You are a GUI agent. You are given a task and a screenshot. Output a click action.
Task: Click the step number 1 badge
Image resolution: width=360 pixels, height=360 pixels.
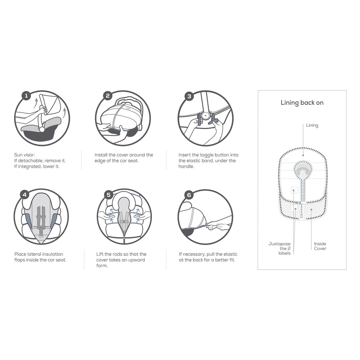click(26, 95)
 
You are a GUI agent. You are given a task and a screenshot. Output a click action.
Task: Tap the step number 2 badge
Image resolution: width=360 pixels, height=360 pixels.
click(108, 95)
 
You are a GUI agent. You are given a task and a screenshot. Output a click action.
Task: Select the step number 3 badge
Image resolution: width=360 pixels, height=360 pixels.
click(189, 96)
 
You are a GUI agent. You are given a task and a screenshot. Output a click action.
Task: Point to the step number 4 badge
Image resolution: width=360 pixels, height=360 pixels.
click(24, 195)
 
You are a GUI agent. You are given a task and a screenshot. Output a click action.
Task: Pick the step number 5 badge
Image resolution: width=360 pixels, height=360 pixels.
click(109, 195)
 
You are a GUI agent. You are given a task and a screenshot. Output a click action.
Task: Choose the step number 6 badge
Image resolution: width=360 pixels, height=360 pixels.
click(189, 195)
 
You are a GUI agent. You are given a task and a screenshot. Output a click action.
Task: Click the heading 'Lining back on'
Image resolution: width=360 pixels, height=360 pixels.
click(302, 103)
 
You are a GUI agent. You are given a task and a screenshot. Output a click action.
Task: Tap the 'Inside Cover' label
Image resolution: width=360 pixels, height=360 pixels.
click(320, 246)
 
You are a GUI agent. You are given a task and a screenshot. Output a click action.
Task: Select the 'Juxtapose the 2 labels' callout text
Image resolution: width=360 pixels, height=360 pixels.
click(280, 248)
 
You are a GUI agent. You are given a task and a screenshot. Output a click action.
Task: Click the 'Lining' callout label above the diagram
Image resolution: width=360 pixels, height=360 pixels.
click(312, 125)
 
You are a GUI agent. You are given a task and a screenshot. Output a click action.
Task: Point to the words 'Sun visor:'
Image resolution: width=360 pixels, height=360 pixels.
click(24, 155)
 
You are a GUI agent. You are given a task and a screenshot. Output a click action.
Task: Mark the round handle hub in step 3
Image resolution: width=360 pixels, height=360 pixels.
click(205, 116)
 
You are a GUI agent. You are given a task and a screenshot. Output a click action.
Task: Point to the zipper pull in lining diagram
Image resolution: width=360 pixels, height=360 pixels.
click(298, 203)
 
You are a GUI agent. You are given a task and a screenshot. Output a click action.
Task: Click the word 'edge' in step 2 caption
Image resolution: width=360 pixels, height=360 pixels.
click(100, 161)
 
